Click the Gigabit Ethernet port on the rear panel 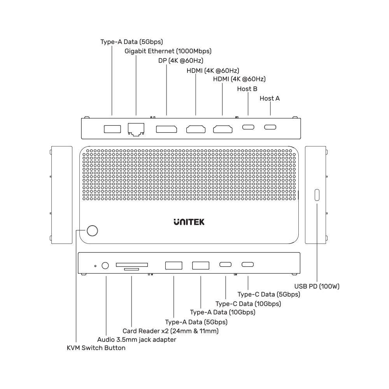136,130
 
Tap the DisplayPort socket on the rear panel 166,129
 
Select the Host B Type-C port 248,127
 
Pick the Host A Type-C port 270,127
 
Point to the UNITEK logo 189,222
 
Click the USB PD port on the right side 317,195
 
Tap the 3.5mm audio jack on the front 105,266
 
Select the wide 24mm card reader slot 132,265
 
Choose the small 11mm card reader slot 131,269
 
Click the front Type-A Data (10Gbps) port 201,265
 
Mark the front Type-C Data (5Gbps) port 247,265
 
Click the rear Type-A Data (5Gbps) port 112,129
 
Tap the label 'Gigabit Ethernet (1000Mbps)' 168,51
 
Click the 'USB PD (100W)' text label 317,286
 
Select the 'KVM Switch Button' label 96,348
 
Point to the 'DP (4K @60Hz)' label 180,61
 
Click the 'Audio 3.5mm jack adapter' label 137,340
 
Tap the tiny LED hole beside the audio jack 95,266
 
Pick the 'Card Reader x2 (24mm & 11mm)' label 171,331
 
